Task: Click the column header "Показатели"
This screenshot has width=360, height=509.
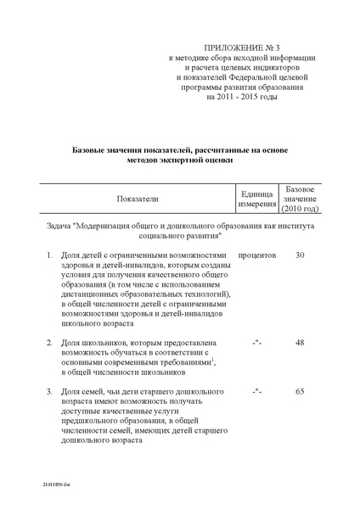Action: (138, 198)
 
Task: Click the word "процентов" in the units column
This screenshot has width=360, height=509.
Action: (257, 255)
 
